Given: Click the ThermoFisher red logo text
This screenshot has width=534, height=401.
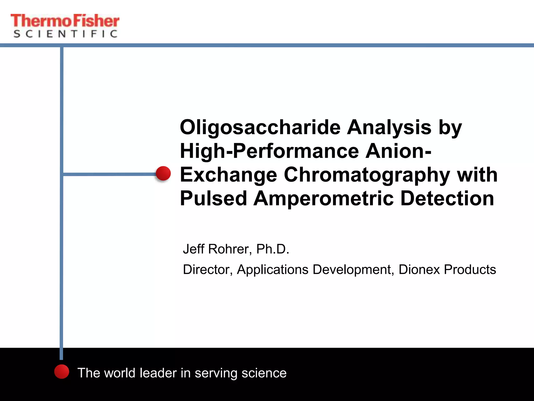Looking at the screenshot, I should point(65,21).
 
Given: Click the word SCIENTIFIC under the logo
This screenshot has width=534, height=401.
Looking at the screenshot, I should point(65,34).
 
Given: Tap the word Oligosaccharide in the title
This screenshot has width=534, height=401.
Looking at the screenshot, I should point(260,128).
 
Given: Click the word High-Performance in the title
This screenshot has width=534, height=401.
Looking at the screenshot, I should point(269,151).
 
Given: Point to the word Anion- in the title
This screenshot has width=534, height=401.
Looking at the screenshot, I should point(398,151).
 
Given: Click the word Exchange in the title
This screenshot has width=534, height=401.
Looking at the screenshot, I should point(228,175).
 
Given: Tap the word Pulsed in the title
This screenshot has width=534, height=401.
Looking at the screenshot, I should point(213,198).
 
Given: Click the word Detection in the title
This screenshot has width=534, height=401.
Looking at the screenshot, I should point(447,198).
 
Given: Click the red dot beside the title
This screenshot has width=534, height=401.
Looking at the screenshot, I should point(163,173).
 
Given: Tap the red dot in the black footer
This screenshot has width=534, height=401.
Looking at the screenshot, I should point(62,371).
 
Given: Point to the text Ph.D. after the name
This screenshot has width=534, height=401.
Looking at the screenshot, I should point(273,249).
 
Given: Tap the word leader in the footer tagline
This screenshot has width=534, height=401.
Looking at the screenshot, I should point(158,373).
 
